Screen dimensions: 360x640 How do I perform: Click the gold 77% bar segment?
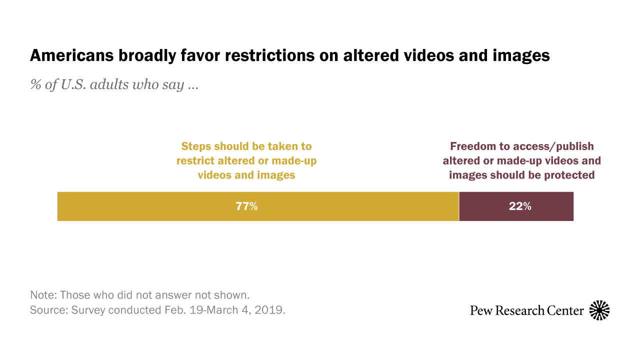[x=150, y=206]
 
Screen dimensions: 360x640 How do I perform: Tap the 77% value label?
[x=246, y=206]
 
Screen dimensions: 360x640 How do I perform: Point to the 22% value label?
[x=520, y=206]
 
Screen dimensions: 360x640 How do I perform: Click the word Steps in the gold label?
[x=196, y=146]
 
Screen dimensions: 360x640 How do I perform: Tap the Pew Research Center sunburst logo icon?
[x=599, y=310]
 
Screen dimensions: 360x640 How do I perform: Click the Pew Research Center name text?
[x=526, y=310]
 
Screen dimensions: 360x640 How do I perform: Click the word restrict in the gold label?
[x=196, y=161]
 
